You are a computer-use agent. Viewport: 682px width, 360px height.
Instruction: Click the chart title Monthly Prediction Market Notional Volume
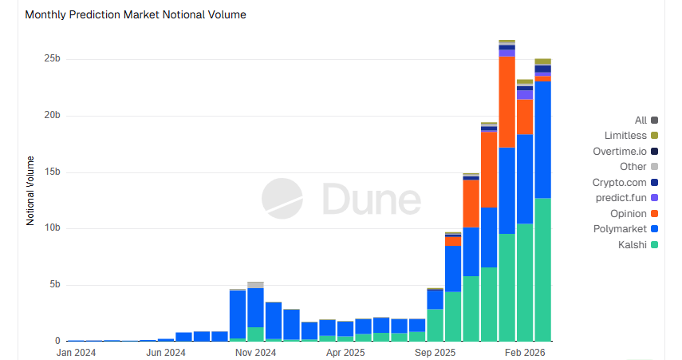[136, 14]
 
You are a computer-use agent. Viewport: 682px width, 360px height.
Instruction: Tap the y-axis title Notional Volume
[31, 190]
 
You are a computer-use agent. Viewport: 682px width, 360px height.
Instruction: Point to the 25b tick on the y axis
[52, 59]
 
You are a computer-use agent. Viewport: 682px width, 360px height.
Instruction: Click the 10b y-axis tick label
[52, 228]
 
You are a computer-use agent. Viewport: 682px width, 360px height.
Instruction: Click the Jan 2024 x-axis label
[76, 351]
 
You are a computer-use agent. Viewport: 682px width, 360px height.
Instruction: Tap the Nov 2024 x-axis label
[255, 351]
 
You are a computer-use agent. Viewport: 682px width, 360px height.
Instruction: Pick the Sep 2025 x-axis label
[436, 351]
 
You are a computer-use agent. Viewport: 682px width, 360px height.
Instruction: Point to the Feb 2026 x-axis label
[525, 351]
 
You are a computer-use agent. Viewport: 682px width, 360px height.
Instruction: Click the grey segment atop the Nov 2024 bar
[255, 285]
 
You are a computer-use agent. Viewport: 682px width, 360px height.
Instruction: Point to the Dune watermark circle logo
[282, 198]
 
